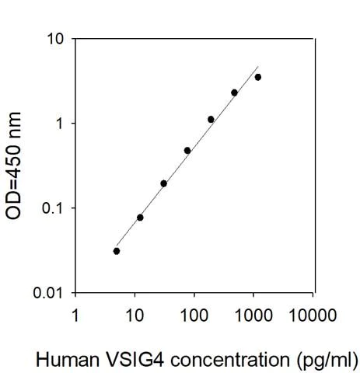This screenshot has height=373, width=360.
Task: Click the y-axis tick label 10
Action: tap(53, 39)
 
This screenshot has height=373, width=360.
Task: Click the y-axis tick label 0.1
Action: tap(50, 208)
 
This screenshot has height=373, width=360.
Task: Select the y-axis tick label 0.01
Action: tap(46, 293)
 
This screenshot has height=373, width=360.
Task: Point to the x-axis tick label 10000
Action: tap(313, 315)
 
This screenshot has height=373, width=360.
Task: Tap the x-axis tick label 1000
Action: tap(253, 315)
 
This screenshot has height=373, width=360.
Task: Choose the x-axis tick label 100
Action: tap(194, 315)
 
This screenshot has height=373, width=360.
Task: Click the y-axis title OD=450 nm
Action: tap(15, 166)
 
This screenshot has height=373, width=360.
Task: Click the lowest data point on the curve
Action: tap(117, 251)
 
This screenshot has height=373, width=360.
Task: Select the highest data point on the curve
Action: tap(258, 77)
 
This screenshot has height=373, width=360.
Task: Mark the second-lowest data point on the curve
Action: tap(140, 218)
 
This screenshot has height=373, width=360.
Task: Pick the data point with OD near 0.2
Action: tap(163, 183)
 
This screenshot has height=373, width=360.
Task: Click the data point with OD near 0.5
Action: tap(187, 150)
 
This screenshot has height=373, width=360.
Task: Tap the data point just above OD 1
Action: tap(211, 119)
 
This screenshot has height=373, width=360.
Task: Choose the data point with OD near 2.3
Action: tap(234, 92)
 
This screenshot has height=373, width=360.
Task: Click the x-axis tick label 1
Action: tap(75, 315)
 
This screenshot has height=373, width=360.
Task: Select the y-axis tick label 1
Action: tap(57, 124)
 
